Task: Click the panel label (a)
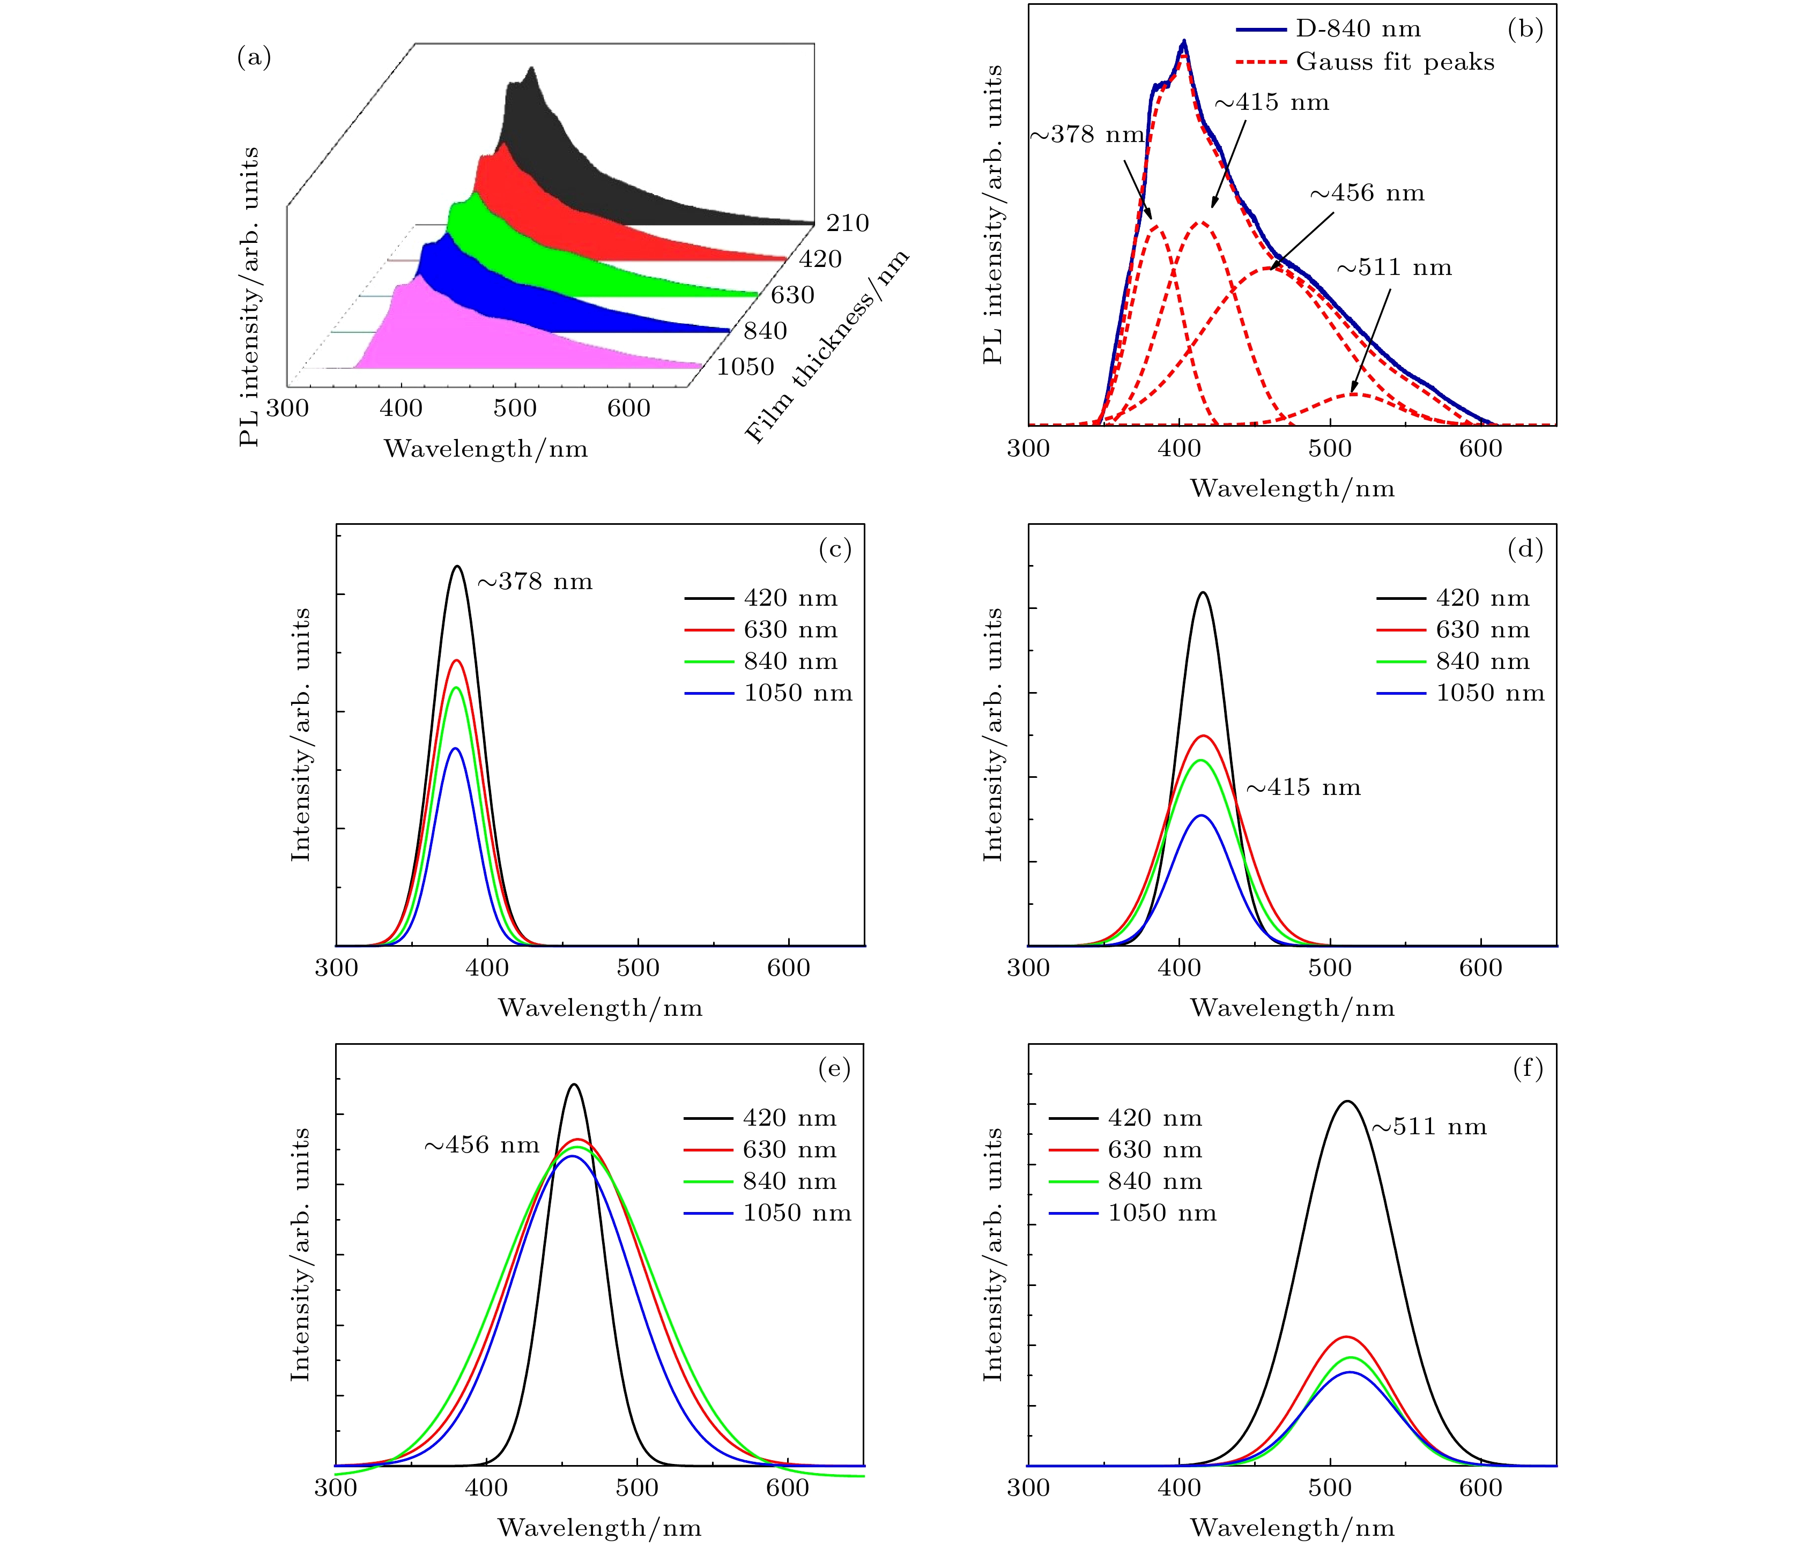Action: pyautogui.click(x=254, y=58)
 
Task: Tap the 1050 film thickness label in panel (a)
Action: pyautogui.click(x=745, y=367)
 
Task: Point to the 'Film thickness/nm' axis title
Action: pyautogui.click(x=827, y=346)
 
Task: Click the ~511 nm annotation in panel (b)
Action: pyautogui.click(x=1394, y=267)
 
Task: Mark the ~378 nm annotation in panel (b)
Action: pyautogui.click(x=1087, y=135)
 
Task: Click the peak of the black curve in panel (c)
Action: pyautogui.click(x=458, y=567)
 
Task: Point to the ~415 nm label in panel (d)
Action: pyautogui.click(x=1303, y=787)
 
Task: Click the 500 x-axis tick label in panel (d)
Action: pyautogui.click(x=1330, y=968)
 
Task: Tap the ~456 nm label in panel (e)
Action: pyautogui.click(x=481, y=1145)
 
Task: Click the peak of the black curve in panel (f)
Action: pyautogui.click(x=1347, y=1101)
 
